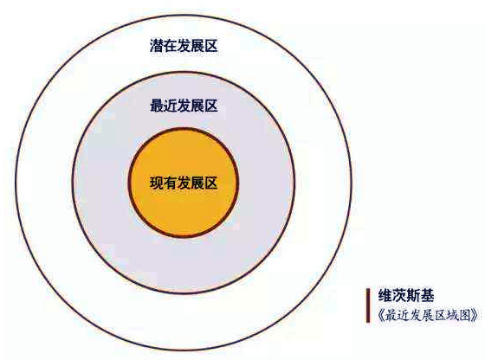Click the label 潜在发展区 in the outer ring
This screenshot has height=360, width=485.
184,46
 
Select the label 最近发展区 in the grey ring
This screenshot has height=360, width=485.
184,106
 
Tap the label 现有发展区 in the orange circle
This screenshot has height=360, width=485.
184,183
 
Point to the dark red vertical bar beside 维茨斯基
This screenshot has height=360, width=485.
368,305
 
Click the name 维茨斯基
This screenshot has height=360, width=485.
406,295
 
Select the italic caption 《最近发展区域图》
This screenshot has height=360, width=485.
428,316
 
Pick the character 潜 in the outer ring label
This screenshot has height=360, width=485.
156,46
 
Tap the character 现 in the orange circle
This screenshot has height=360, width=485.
156,183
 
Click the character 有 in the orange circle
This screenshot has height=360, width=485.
170,183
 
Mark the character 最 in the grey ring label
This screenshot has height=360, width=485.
156,106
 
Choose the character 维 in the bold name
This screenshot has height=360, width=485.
385,295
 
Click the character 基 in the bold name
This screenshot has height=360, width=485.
428,295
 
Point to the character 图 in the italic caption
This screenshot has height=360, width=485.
463,316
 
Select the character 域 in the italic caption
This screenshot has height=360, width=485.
449,316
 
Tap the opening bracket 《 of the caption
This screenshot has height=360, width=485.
381,316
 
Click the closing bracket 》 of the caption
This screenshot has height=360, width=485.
475,316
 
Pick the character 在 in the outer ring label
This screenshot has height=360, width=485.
170,46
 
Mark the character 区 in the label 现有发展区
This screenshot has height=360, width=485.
211,183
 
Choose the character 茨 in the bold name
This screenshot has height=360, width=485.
399,295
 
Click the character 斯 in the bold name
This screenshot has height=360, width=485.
413,295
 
